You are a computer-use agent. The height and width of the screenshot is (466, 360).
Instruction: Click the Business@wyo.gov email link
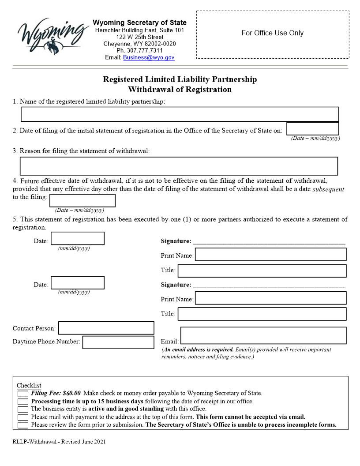pyautogui.click(x=149, y=57)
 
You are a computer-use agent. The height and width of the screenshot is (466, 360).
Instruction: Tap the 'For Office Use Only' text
pyautogui.click(x=272, y=33)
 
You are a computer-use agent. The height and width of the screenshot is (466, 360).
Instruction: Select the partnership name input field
pyautogui.click(x=180, y=114)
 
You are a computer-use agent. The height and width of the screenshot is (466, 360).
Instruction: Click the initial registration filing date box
pyautogui.click(x=312, y=129)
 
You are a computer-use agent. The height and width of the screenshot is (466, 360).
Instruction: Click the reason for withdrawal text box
pyautogui.click(x=179, y=166)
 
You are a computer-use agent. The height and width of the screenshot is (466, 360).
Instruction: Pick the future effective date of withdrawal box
pyautogui.click(x=82, y=201)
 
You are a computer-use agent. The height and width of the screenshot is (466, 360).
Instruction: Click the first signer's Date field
pyautogui.click(x=78, y=238)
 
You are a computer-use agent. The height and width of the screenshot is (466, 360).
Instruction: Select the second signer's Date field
pyautogui.click(x=78, y=283)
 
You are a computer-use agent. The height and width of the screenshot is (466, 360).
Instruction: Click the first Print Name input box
pyautogui.click(x=270, y=255)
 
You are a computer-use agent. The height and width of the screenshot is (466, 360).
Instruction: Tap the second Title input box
pyautogui.click(x=262, y=314)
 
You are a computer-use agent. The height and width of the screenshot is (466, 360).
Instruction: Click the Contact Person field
pyautogui.click(x=106, y=328)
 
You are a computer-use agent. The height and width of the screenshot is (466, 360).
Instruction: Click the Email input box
pyautogui.click(x=263, y=336)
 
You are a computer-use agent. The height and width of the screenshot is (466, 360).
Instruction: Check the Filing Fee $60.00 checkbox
pyautogui.click(x=23, y=394)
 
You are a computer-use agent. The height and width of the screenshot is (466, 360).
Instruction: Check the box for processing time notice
pyautogui.click(x=23, y=402)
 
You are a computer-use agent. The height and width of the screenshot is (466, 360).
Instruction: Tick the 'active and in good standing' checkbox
pyautogui.click(x=23, y=409)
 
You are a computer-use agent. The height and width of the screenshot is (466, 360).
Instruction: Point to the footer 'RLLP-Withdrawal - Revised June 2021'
pyautogui.click(x=59, y=441)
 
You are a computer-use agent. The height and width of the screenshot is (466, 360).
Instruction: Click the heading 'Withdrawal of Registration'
pyautogui.click(x=180, y=90)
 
